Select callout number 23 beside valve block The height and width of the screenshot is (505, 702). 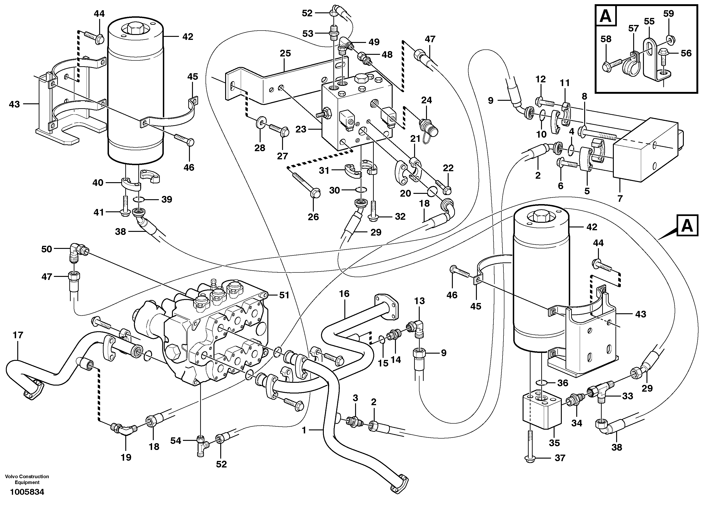pyautogui.click(x=300, y=129)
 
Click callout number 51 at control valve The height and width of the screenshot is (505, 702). pyautogui.click(x=284, y=295)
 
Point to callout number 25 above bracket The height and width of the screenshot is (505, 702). pyautogui.click(x=285, y=54)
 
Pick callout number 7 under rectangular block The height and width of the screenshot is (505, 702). pyautogui.click(x=620, y=198)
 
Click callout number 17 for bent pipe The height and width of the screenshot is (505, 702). pyautogui.click(x=18, y=335)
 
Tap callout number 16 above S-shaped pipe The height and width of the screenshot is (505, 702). pyautogui.click(x=344, y=294)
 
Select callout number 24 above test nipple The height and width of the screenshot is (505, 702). pyautogui.click(x=426, y=100)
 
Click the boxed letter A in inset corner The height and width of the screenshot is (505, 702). pyautogui.click(x=606, y=16)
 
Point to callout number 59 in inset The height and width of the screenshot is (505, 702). pyautogui.click(x=669, y=14)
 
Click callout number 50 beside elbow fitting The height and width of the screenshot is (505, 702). pyautogui.click(x=47, y=249)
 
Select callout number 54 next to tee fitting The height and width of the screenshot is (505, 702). pyautogui.click(x=175, y=441)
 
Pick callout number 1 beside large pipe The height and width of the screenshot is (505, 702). pyautogui.click(x=304, y=430)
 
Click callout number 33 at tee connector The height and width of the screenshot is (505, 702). pyautogui.click(x=627, y=396)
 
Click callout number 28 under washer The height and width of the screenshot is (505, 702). pyautogui.click(x=260, y=148)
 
